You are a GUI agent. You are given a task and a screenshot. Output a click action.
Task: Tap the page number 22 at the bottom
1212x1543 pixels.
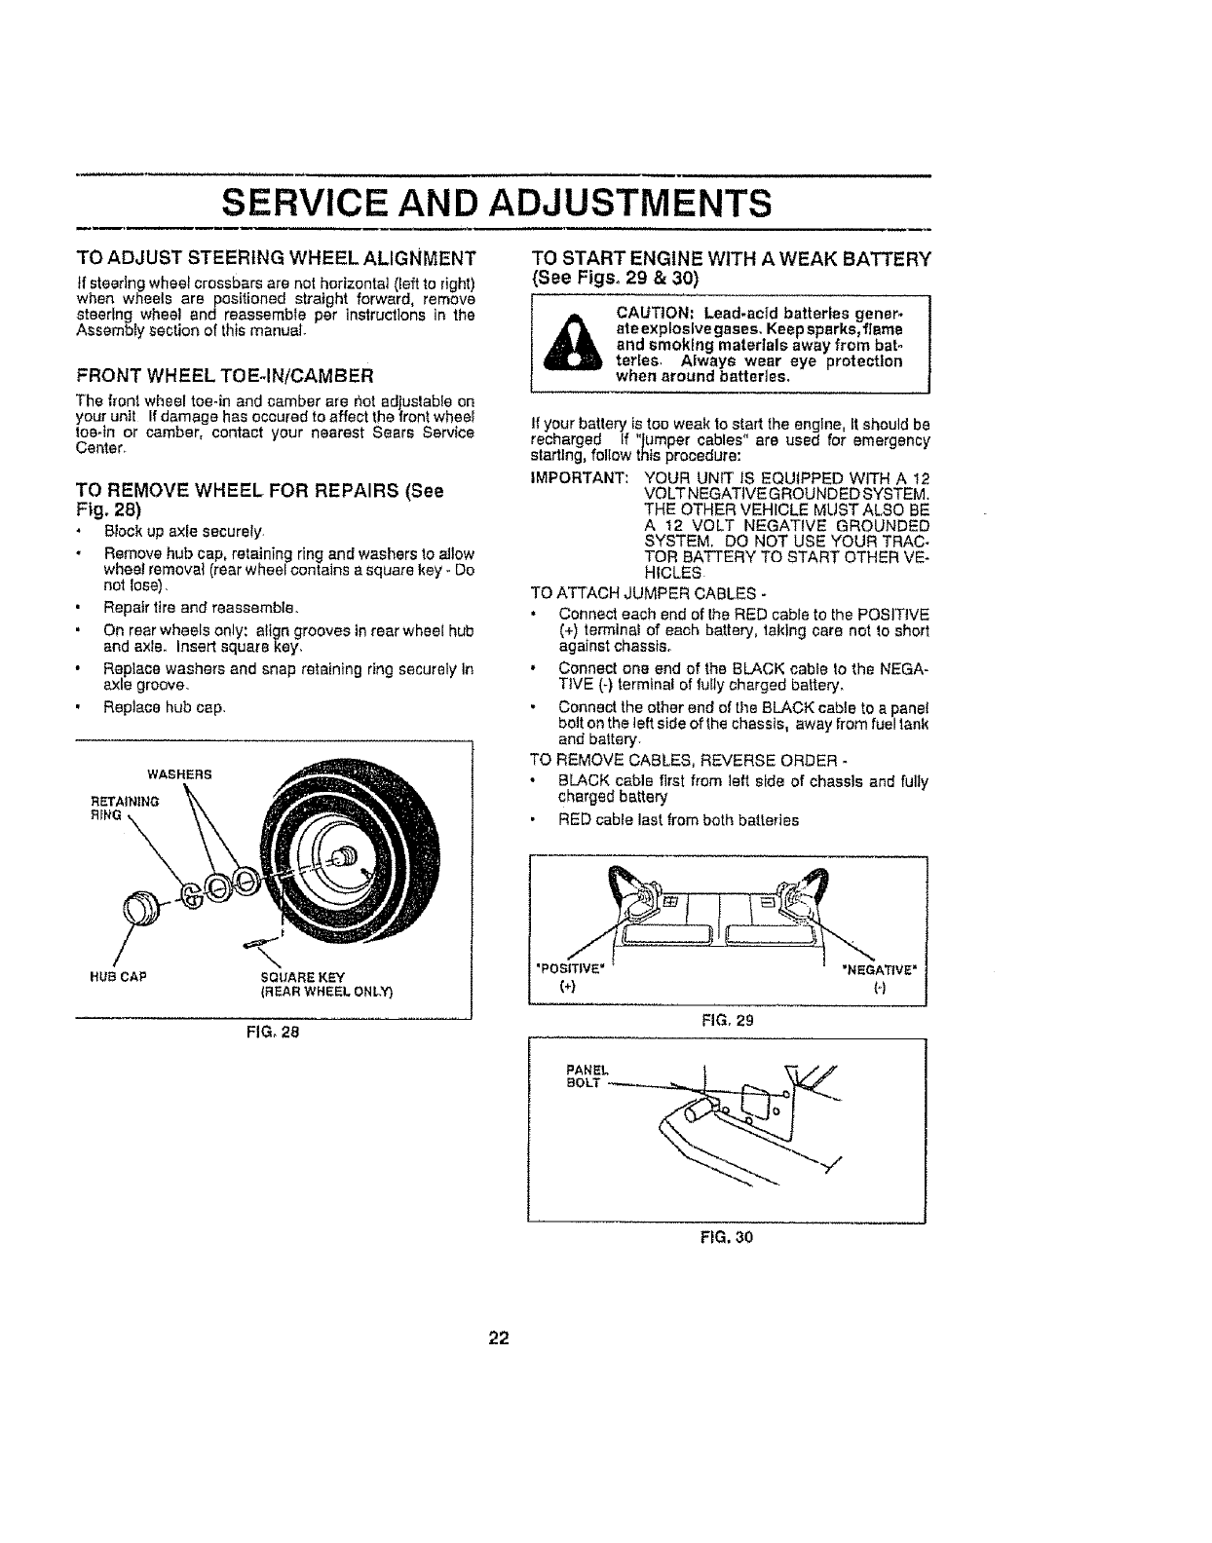tap(498, 1337)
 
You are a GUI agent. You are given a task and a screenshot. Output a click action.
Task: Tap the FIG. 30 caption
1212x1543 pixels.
tap(726, 1238)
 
